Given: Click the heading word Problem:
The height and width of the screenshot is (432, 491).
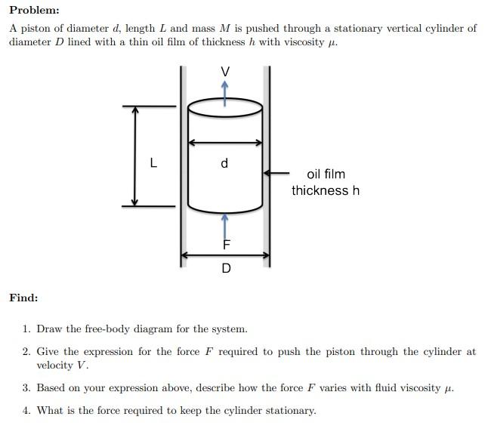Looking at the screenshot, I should click(34, 11).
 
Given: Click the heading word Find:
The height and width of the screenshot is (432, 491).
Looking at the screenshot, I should click(23, 298).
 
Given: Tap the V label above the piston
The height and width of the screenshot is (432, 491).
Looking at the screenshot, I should click(224, 71).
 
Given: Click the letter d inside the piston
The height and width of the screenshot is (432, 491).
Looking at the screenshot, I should click(224, 163).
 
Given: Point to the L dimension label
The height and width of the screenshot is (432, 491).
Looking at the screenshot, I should click(153, 162).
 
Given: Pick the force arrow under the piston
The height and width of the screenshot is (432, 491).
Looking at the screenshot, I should click(224, 227).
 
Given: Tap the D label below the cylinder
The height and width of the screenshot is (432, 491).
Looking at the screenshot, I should click(226, 269).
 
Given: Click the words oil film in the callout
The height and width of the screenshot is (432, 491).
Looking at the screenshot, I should click(326, 174).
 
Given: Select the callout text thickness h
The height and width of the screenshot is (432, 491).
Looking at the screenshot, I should click(326, 190).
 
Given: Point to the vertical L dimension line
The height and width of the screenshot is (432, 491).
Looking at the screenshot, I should click(135, 156).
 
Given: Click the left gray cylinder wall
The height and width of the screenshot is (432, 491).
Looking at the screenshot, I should click(182, 166).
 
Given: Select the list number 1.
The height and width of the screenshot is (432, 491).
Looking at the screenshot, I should click(26, 329).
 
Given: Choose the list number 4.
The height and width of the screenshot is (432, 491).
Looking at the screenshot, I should click(26, 411).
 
